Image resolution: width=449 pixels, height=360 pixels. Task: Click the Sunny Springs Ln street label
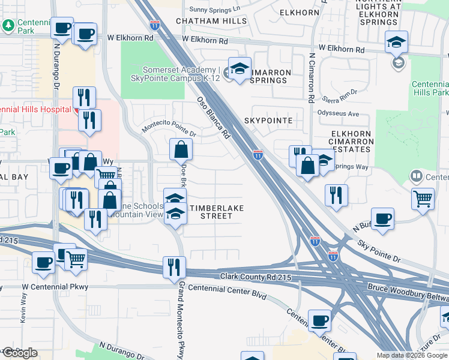click(214, 9)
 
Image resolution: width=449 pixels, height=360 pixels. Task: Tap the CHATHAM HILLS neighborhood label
click(211, 21)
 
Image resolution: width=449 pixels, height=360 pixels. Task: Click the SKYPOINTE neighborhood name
click(268, 121)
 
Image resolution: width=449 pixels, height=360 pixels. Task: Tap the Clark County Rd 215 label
click(246, 276)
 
